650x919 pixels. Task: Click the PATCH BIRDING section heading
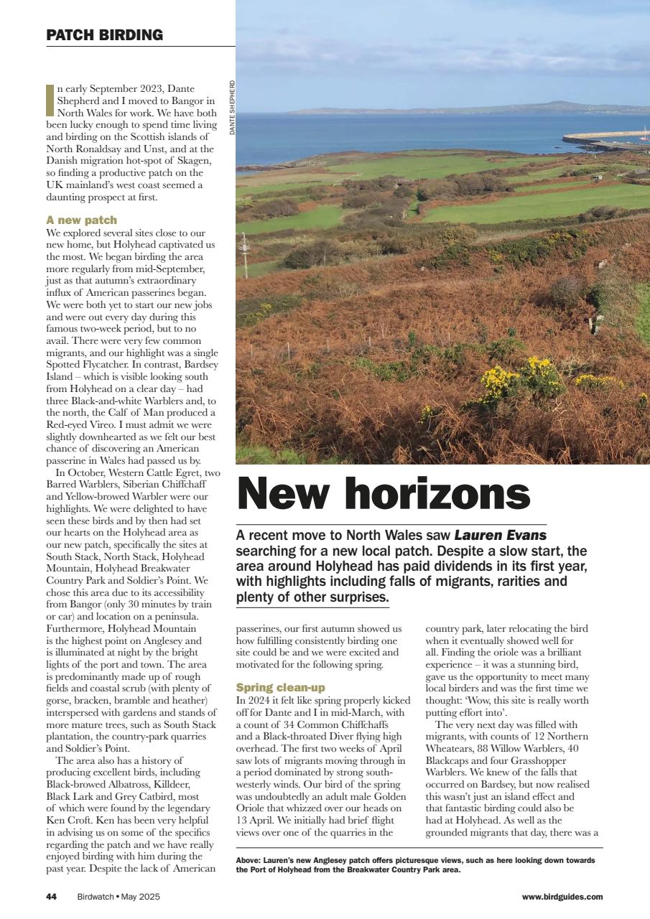tap(104, 34)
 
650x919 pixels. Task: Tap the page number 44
tap(51, 896)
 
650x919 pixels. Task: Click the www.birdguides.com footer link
tap(562, 896)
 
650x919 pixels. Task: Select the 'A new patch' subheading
tap(81, 220)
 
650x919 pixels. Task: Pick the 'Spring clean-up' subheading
tap(280, 687)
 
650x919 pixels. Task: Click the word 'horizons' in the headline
tap(439, 495)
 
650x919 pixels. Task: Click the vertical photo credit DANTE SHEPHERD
tap(233, 108)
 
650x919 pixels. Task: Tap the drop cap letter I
tap(50, 100)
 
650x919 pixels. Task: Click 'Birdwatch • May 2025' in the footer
tap(119, 896)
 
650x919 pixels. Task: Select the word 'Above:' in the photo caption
tap(249, 860)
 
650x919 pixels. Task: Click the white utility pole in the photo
tap(245, 255)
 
